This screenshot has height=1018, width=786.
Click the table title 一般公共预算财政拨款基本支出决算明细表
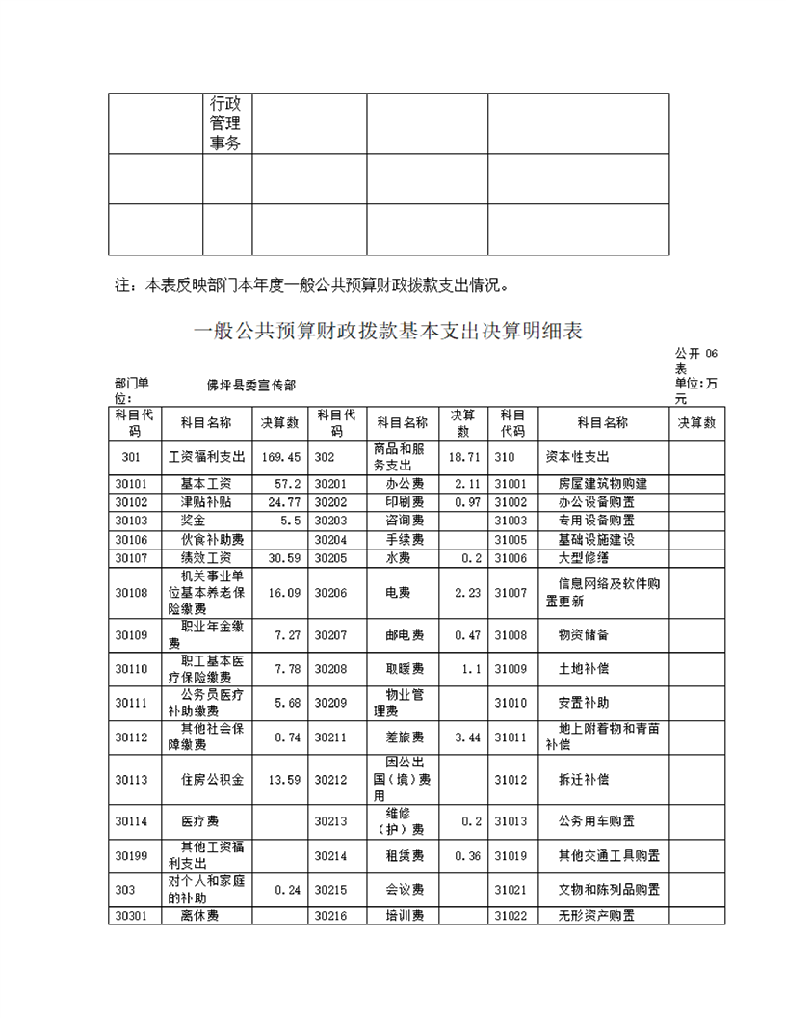[388, 332]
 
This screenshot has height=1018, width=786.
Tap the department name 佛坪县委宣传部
[250, 385]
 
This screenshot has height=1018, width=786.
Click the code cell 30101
[131, 483]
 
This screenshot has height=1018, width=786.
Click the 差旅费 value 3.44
[465, 737]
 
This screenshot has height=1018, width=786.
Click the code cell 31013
[511, 821]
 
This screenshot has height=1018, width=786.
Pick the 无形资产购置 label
[596, 915]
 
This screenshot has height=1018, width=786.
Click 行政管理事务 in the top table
[226, 123]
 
